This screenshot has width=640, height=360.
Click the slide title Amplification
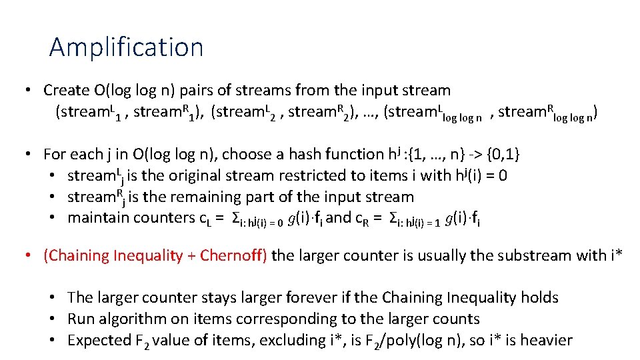[126, 47]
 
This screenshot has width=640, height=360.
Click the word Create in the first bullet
[66, 90]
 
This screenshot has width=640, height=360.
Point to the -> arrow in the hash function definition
[473, 155]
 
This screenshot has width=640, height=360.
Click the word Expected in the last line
[97, 341]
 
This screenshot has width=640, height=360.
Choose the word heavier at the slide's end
[545, 341]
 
